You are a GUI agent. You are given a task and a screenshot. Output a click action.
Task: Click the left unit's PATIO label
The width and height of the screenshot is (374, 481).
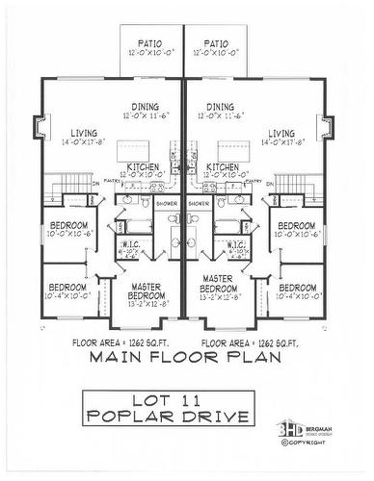[x=149, y=44]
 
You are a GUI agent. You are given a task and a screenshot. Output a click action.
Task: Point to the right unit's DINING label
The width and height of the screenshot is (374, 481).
[x=220, y=108]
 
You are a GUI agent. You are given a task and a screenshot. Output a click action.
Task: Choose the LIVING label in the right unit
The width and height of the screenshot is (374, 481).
[x=281, y=134]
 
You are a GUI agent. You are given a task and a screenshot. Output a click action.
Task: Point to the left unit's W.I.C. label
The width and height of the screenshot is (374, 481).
[x=131, y=245]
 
